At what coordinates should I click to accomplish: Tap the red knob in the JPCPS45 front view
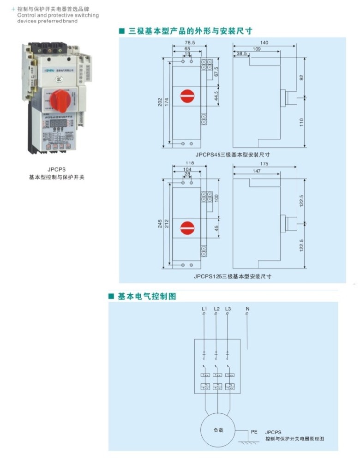[187, 95]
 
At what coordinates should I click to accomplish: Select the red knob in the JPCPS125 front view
[187, 227]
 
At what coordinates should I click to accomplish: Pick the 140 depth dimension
[264, 42]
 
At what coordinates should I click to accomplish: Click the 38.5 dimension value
[240, 54]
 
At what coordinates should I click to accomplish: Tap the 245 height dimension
[160, 224]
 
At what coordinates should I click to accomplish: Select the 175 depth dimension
[264, 164]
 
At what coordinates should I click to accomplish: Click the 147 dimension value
[257, 171]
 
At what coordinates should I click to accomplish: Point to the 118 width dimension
[190, 163]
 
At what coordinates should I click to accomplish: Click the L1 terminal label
[204, 309]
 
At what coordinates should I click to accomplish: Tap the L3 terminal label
[228, 309]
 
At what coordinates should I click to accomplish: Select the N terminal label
[247, 309]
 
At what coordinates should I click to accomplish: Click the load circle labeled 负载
[218, 430]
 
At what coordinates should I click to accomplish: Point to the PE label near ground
[254, 432]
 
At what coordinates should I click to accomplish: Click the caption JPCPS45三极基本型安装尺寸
[232, 155]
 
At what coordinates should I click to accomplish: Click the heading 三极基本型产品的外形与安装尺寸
[190, 31]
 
